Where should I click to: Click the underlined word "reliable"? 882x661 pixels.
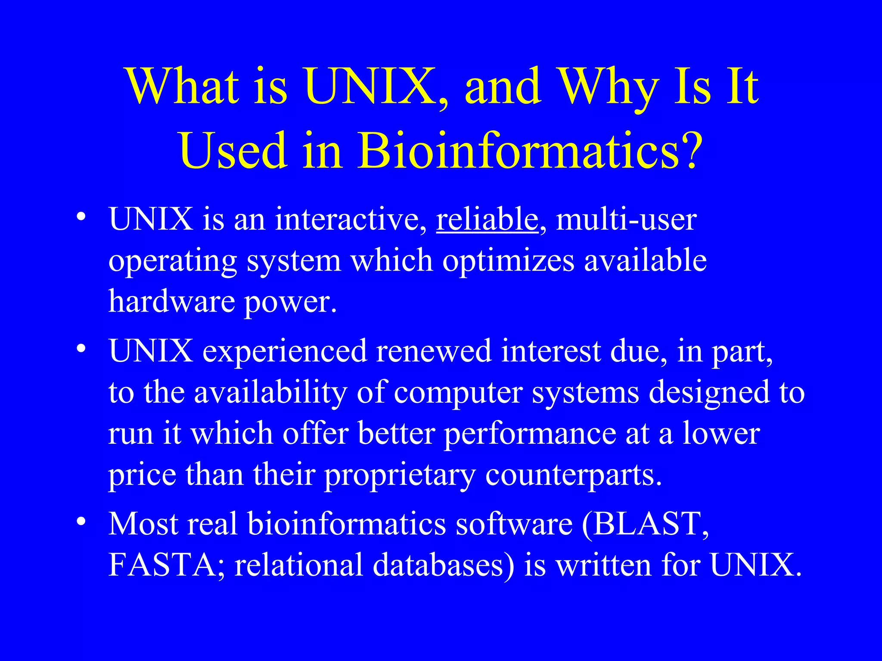[x=487, y=219]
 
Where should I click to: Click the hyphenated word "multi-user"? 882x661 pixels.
[x=626, y=219]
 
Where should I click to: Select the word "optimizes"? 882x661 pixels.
[x=508, y=261]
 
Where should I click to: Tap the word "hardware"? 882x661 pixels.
[x=171, y=301]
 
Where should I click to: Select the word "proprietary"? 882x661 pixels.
[x=400, y=475]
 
